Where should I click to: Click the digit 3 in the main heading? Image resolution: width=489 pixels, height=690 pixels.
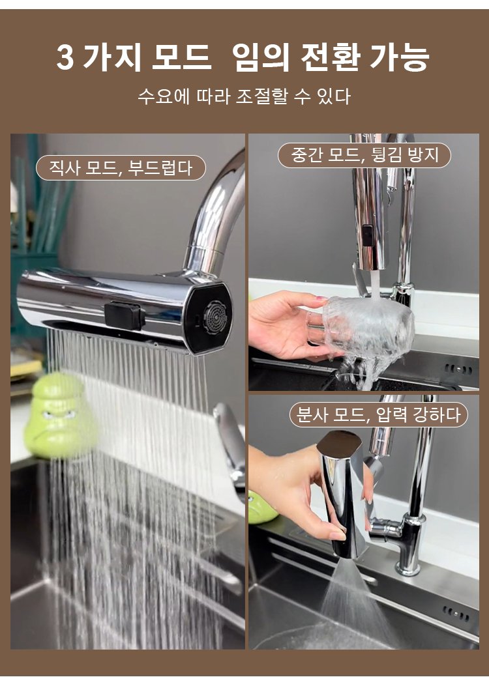pyautogui.click(x=65, y=57)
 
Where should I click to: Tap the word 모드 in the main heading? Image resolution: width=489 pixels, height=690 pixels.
pyautogui.click(x=181, y=57)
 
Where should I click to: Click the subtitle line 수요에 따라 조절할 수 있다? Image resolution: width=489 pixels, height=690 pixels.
pyautogui.click(x=244, y=96)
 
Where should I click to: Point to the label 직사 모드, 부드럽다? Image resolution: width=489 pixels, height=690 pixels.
pyautogui.click(x=121, y=167)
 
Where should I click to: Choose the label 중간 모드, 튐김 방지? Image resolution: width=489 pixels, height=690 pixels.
pyautogui.click(x=364, y=155)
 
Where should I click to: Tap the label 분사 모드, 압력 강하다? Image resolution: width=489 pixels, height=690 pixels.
pyautogui.click(x=378, y=414)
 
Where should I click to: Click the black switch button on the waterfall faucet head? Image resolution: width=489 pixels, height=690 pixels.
pyautogui.click(x=125, y=315)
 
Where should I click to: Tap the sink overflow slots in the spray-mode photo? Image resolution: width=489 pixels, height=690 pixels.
pyautogui.click(x=456, y=612)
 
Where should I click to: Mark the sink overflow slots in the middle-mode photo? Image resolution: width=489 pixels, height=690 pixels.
pyautogui.click(x=458, y=369)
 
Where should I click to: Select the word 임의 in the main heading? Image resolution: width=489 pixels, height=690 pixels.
pyautogui.click(x=260, y=57)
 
